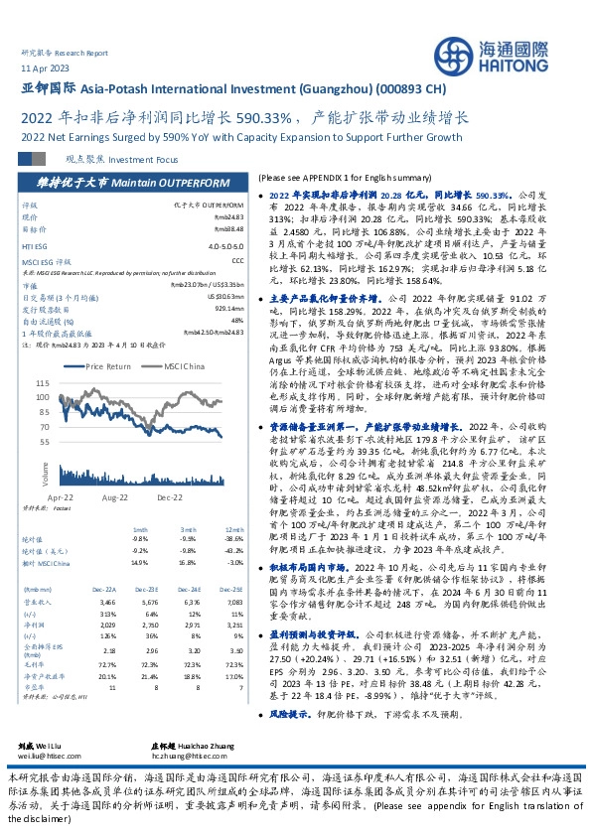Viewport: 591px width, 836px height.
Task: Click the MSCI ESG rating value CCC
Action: point(239,260)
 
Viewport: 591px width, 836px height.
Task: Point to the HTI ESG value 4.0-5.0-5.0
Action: point(229,244)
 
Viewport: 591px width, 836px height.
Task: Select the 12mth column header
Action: point(236,530)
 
